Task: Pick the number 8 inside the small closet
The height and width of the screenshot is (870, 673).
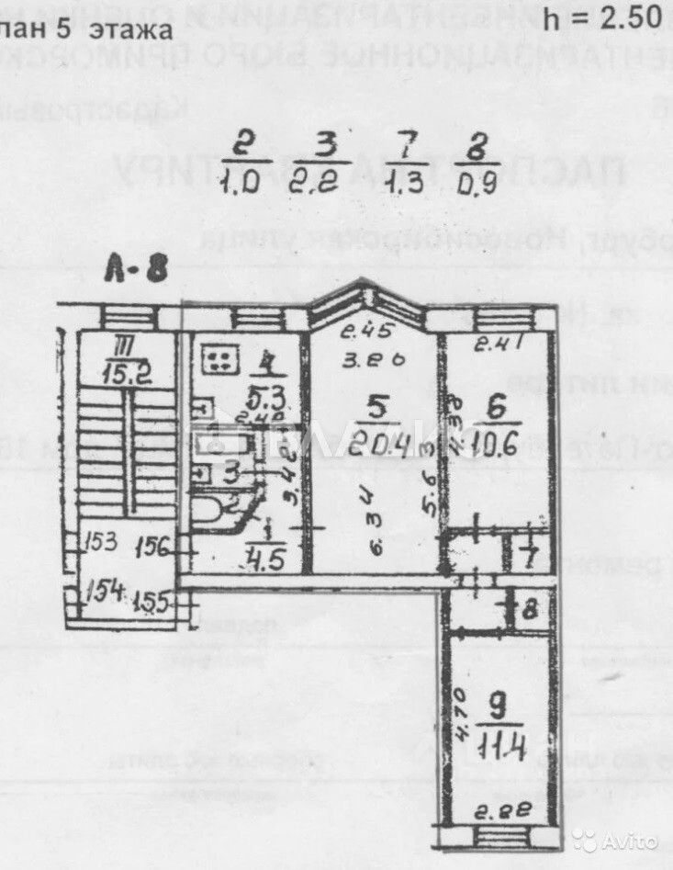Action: (531, 609)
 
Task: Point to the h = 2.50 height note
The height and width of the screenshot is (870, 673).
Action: (602, 16)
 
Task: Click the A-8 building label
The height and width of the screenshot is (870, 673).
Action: (136, 271)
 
